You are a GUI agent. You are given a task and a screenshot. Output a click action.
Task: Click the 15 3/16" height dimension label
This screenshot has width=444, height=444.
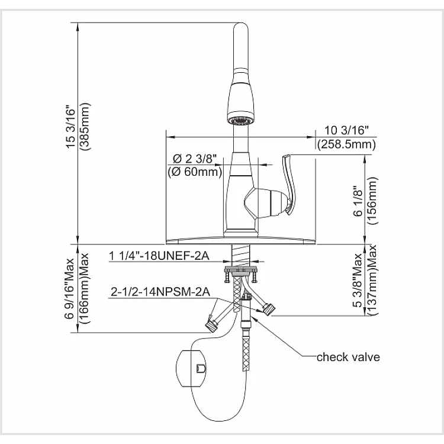pyautogui.click(x=71, y=126)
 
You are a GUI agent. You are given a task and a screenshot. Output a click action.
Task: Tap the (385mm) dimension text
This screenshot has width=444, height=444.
pyautogui.click(x=85, y=126)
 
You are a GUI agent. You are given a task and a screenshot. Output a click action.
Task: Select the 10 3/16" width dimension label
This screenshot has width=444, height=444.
pyautogui.click(x=346, y=130)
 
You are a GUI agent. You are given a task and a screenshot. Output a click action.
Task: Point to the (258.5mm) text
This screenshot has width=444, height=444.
pyautogui.click(x=346, y=144)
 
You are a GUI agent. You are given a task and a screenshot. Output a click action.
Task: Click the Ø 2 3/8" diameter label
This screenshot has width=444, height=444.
pyautogui.click(x=195, y=159)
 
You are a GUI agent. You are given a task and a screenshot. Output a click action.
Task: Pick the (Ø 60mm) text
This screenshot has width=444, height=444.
pyautogui.click(x=195, y=172)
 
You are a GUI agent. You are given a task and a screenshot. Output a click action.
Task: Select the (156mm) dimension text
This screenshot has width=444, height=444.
pyautogui.click(x=373, y=201)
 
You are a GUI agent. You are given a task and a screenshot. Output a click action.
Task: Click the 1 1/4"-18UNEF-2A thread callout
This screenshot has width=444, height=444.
pyautogui.click(x=159, y=256)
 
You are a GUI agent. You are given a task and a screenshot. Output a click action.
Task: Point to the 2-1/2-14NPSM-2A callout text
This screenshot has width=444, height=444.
pyautogui.click(x=160, y=292)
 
